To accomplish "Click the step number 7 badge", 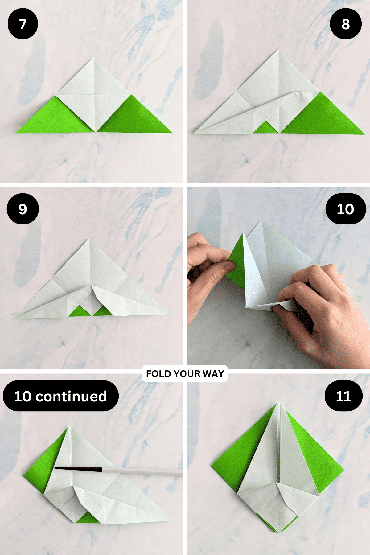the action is click(23, 24).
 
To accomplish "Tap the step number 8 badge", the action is click(346, 24).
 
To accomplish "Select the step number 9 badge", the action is click(23, 209).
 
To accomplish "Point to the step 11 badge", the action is click(343, 396).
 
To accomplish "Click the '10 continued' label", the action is click(61, 396).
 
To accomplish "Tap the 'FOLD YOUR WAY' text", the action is click(185, 374).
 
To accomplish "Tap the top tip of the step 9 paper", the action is click(89, 239).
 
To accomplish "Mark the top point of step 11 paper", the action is click(279, 402).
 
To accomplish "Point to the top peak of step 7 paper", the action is click(93, 58).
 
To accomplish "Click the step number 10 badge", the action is click(346, 209).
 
